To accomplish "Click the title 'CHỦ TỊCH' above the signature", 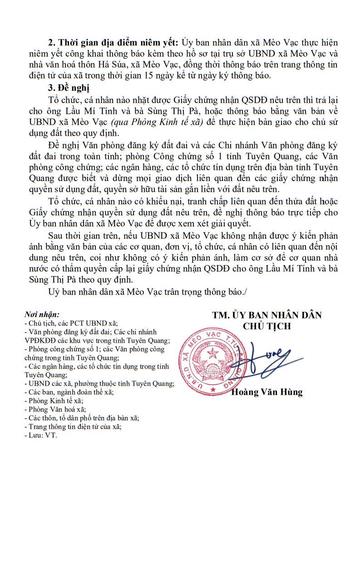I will click(x=267, y=326).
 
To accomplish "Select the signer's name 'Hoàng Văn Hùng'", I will click(x=267, y=392).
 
